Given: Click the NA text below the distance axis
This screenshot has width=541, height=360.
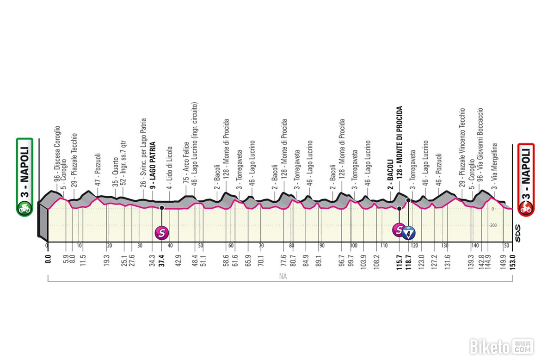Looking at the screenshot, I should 279,277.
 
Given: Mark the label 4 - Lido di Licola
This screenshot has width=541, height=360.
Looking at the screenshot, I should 170,166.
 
